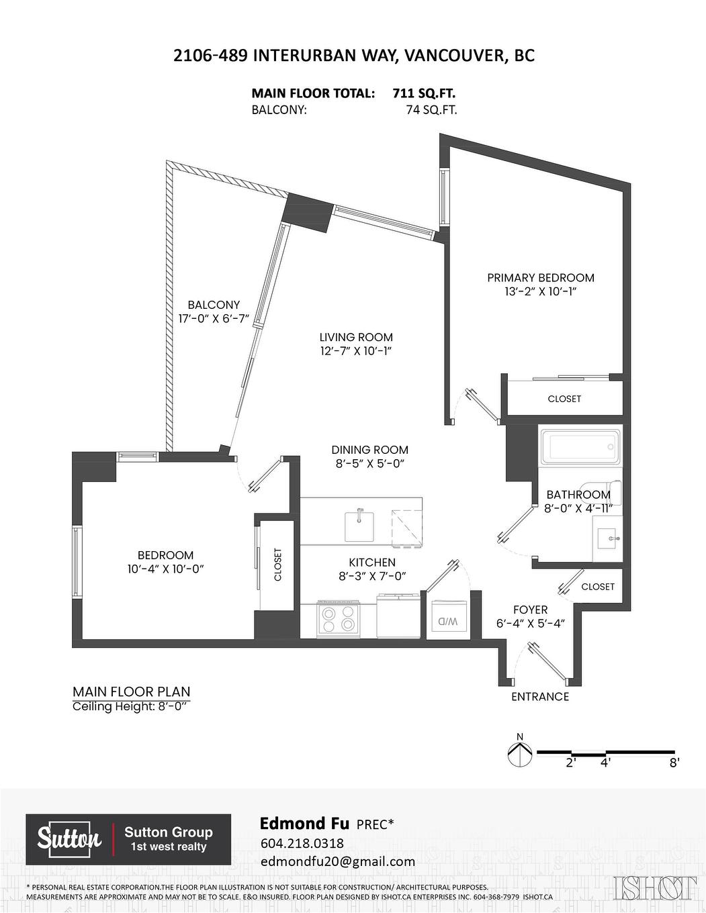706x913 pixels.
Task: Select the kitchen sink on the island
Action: (359, 526)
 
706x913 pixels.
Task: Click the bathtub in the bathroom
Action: (579, 446)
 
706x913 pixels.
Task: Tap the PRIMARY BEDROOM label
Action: (540, 277)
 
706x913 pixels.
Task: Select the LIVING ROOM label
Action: (356, 337)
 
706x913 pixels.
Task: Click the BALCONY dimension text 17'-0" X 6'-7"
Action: (214, 319)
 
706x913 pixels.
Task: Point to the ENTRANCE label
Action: (540, 697)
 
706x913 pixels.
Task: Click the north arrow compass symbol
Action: (520, 755)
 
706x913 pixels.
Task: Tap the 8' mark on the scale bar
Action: (674, 763)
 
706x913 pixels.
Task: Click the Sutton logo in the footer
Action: (69, 839)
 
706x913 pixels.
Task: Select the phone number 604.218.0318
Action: (302, 843)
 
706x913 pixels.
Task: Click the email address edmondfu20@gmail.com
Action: (337, 861)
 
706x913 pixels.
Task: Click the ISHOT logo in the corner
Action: (655, 887)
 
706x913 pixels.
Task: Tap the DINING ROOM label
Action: (369, 450)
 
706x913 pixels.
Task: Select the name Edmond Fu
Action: (303, 823)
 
